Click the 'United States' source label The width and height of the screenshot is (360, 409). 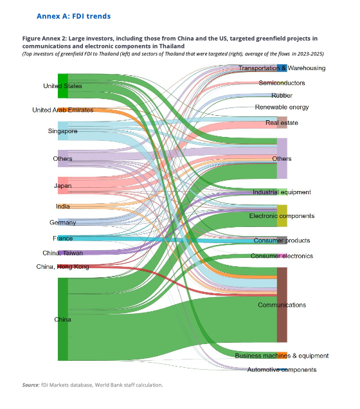click(62, 86)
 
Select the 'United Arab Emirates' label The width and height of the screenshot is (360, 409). click(62, 110)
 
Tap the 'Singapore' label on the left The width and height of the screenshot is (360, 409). click(62, 131)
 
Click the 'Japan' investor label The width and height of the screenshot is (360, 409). click(62, 186)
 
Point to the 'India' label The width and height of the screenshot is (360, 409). click(62, 206)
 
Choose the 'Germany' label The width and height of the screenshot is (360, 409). click(62, 223)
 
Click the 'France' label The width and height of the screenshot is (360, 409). click(62, 239)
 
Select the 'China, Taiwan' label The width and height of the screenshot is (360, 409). click(62, 253)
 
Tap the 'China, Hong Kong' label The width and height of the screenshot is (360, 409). click(62, 267)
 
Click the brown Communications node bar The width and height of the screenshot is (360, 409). click(282, 305)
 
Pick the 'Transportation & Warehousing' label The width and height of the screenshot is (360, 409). click(282, 68)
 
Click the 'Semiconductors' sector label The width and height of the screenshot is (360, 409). click(282, 83)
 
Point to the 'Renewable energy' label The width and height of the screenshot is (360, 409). click(282, 107)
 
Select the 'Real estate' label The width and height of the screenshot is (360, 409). click(282, 122)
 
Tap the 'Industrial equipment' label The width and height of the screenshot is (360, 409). click(282, 192)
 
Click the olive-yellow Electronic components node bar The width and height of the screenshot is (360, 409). click(282, 216)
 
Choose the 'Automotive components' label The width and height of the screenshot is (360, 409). click(282, 370)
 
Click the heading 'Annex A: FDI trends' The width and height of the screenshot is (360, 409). click(73, 15)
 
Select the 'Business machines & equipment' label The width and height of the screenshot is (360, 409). click(282, 356)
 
